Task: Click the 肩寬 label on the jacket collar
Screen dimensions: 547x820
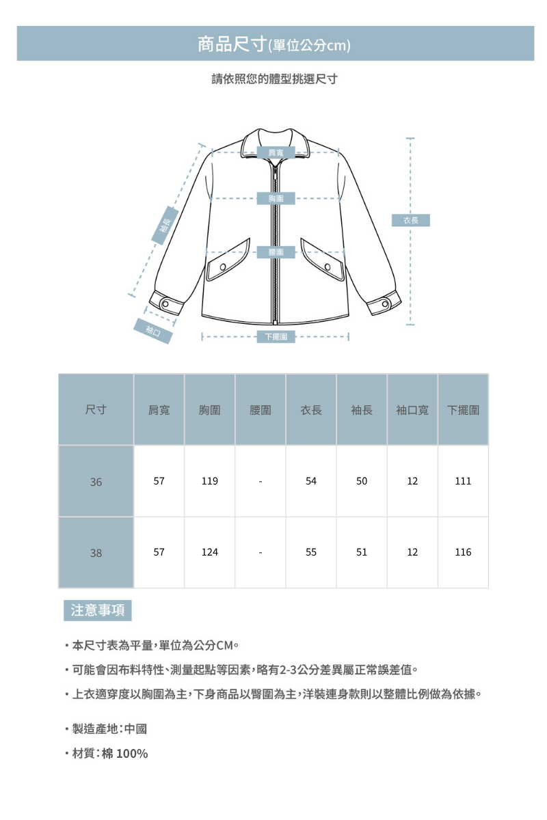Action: pyautogui.click(x=276, y=152)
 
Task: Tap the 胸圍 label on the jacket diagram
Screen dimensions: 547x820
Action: pyautogui.click(x=276, y=199)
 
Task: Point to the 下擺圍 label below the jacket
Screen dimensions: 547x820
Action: pyautogui.click(x=276, y=336)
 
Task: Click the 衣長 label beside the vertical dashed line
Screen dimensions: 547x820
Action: pyautogui.click(x=410, y=221)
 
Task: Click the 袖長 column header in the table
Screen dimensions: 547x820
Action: pyautogui.click(x=362, y=410)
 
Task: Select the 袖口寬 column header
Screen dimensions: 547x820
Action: pyautogui.click(x=412, y=410)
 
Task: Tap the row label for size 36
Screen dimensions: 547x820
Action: pyautogui.click(x=96, y=482)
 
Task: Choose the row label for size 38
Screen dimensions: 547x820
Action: pyautogui.click(x=96, y=553)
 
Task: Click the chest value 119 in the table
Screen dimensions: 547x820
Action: pyautogui.click(x=210, y=481)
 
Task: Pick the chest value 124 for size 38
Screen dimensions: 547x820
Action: pyautogui.click(x=210, y=552)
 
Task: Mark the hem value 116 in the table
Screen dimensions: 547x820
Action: pyautogui.click(x=463, y=552)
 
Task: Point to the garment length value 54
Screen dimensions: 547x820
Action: pyautogui.click(x=311, y=481)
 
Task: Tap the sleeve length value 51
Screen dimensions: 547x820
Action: pyautogui.click(x=362, y=552)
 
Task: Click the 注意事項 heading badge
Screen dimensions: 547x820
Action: pyautogui.click(x=98, y=610)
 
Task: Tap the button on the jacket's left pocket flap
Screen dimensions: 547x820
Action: pyautogui.click(x=222, y=266)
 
